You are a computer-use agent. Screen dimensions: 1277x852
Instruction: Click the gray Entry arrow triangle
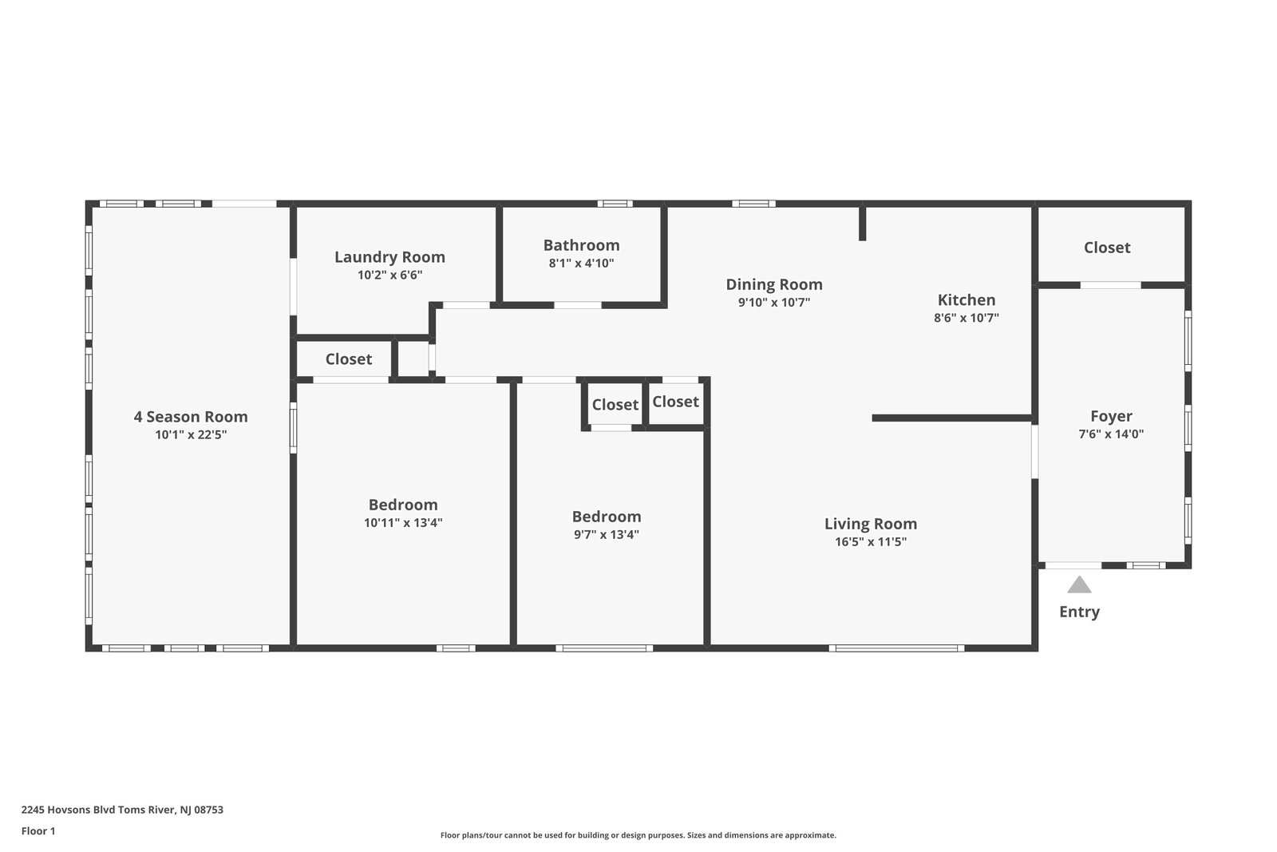[1079, 585]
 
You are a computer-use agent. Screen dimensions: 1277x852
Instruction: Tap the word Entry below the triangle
[1079, 612]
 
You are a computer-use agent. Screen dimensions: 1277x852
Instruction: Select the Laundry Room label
[390, 257]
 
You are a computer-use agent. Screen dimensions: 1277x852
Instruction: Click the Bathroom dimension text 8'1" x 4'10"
[582, 263]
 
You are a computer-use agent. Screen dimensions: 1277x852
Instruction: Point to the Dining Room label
[774, 284]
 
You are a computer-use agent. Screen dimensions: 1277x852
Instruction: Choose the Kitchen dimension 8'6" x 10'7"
[967, 318]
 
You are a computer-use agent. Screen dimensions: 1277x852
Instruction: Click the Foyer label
[1111, 416]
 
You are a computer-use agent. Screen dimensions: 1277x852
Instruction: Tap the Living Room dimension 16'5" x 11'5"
[871, 541]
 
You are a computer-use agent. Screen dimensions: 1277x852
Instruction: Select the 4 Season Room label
[191, 417]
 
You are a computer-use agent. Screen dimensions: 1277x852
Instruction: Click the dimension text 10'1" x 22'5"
[191, 434]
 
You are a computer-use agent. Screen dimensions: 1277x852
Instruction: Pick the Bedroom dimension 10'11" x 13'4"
[403, 522]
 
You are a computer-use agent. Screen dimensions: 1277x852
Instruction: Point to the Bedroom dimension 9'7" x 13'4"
[607, 534]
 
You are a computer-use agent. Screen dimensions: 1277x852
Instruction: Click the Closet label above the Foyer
[1107, 248]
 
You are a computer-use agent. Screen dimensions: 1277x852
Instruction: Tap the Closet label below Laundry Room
[348, 359]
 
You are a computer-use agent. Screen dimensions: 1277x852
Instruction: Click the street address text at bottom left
[123, 810]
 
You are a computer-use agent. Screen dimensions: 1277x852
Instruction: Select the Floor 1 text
[38, 831]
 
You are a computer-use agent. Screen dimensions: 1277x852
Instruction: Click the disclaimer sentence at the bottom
[638, 835]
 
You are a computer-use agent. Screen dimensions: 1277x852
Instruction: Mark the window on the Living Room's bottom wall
[896, 648]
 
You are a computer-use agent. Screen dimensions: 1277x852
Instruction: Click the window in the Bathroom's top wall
[615, 204]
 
